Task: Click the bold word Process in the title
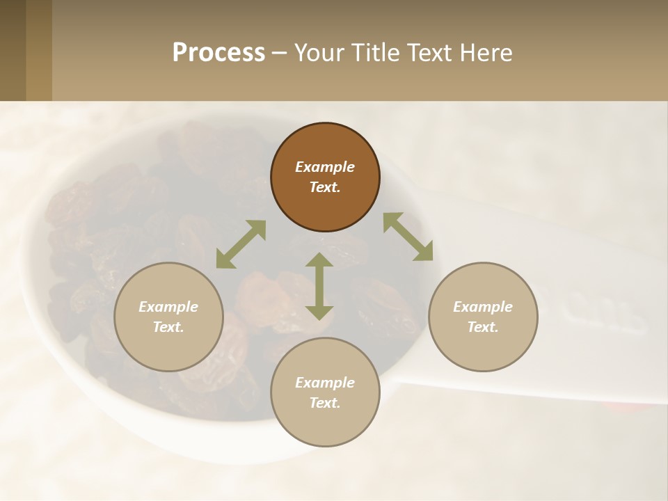218,53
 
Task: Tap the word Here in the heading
484,53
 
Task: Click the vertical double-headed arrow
319,286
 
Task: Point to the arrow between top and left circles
241,244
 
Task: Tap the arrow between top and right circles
408,237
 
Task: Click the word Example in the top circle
325,167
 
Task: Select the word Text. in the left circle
168,327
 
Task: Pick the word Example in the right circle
483,307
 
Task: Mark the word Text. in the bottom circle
325,403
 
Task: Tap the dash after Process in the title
280,53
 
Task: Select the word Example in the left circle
168,307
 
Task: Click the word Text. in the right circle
483,327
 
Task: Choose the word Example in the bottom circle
325,383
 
